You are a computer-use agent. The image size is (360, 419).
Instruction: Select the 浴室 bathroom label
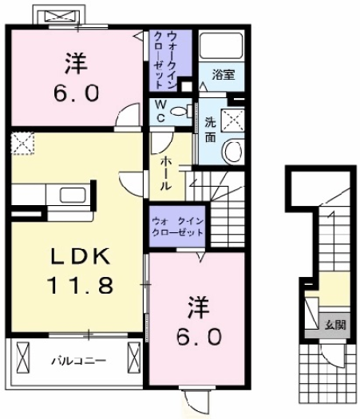[222, 76]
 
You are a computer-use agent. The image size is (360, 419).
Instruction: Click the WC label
[160, 109]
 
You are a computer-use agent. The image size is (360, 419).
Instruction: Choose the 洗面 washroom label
[210, 131]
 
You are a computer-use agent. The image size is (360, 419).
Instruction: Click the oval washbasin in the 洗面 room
[233, 150]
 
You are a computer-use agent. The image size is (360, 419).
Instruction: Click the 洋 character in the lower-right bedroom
[198, 306]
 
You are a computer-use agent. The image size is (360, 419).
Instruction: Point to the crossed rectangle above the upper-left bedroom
[57, 16]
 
